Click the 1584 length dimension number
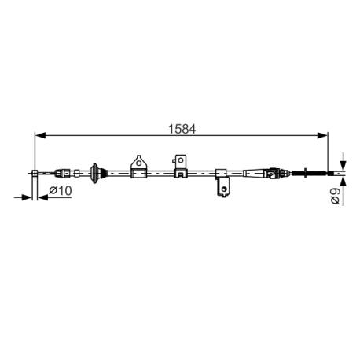pyautogui.click(x=180, y=125)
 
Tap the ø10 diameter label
pyautogui.click(x=60, y=191)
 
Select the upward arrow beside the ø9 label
pyautogui.click(x=343, y=182)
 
